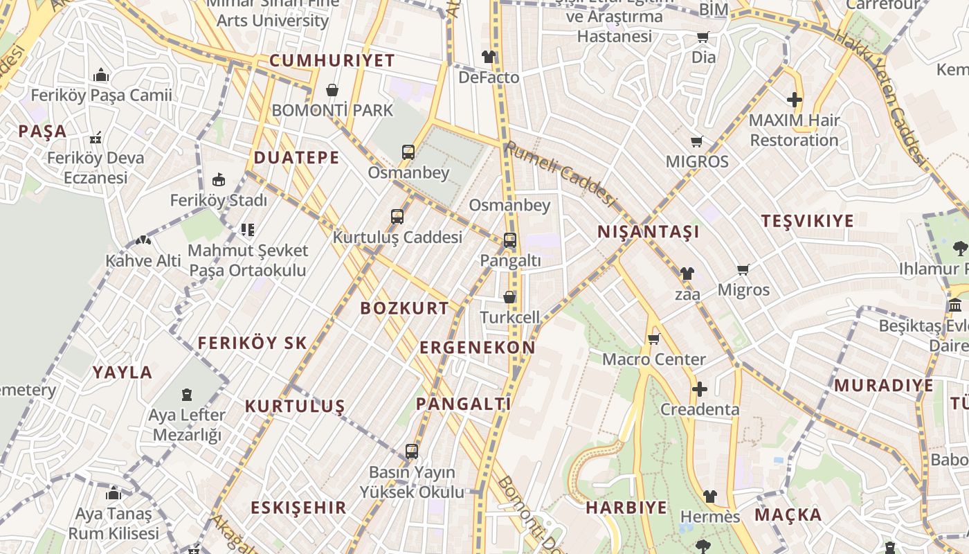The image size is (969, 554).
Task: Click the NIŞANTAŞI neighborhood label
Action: coord(649,232)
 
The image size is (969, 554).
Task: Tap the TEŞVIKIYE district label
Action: coord(808,222)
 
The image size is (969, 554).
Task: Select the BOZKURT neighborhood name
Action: coord(405,309)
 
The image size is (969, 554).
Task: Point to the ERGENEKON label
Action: coord(478,348)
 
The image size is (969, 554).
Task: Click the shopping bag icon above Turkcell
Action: coord(509,297)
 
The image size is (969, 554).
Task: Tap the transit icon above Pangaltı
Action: coord(510,240)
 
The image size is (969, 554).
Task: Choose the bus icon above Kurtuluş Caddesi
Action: coord(397,217)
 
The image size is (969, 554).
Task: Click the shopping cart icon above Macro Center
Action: coord(653,339)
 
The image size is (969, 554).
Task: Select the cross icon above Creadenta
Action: coord(700,389)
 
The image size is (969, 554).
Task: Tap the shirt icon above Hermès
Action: coord(710,497)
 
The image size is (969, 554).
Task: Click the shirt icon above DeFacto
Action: coord(489,57)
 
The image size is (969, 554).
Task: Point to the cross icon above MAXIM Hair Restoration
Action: coord(795,100)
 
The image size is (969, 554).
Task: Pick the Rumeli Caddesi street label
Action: coord(560,175)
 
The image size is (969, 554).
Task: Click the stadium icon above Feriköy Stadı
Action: coord(219,180)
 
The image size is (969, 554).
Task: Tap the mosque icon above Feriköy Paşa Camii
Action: coord(101,75)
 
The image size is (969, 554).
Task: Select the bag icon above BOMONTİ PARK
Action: coord(332,90)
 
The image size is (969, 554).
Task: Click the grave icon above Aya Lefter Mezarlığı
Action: coord(187,395)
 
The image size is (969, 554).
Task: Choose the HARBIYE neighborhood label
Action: coord(627,508)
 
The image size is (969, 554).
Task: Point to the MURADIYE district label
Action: coord(884,386)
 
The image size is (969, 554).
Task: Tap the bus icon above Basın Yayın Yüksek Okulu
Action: coord(412,452)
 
